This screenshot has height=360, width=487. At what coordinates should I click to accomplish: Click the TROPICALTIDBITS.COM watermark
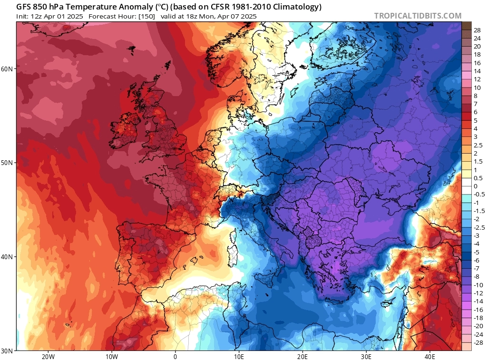(418, 16)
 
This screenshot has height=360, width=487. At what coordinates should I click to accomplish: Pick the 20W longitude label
(48, 356)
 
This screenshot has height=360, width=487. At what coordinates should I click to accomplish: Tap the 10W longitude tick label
(112, 356)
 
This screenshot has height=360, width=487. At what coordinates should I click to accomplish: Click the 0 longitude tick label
(175, 356)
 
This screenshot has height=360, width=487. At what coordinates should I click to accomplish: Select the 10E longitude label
(239, 356)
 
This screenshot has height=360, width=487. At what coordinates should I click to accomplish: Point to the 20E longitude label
(302, 356)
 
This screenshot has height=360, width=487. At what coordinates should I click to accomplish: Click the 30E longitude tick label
(366, 356)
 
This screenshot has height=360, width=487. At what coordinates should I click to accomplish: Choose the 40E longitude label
(430, 356)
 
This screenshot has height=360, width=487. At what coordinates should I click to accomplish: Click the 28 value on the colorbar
(477, 30)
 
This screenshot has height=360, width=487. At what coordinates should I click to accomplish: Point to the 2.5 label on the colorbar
(478, 146)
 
